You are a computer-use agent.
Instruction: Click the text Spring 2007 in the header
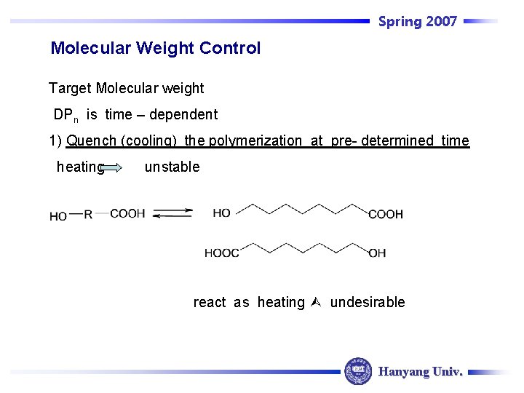tap(417, 21)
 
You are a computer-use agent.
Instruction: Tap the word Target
tap(70, 89)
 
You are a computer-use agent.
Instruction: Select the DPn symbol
tap(66, 115)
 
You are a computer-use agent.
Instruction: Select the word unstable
tap(172, 167)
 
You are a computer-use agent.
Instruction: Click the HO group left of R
tap(58, 216)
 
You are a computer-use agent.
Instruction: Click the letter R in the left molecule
tap(88, 215)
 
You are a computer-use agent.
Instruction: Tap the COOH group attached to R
tap(127, 213)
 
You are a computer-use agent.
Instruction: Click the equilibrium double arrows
tap(173, 213)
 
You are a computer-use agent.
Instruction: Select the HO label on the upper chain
tap(222, 213)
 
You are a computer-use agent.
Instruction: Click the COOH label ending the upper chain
tap(386, 214)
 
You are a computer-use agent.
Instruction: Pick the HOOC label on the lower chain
tap(221, 253)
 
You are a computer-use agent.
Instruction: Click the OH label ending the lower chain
tap(377, 253)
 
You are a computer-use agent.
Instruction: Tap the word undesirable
tap(368, 303)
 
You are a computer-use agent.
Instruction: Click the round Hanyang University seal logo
tap(357, 371)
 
